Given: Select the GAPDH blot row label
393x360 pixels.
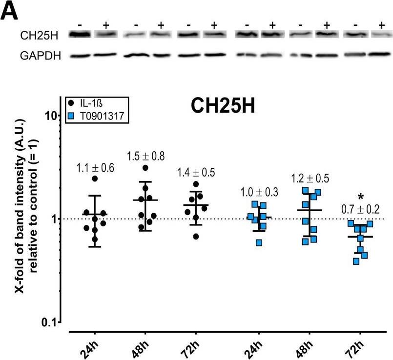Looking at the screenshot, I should [x=41, y=56].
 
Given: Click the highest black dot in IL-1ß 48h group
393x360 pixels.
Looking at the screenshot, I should [x=145, y=168].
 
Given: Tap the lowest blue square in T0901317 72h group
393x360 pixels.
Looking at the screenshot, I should [x=357, y=261].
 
